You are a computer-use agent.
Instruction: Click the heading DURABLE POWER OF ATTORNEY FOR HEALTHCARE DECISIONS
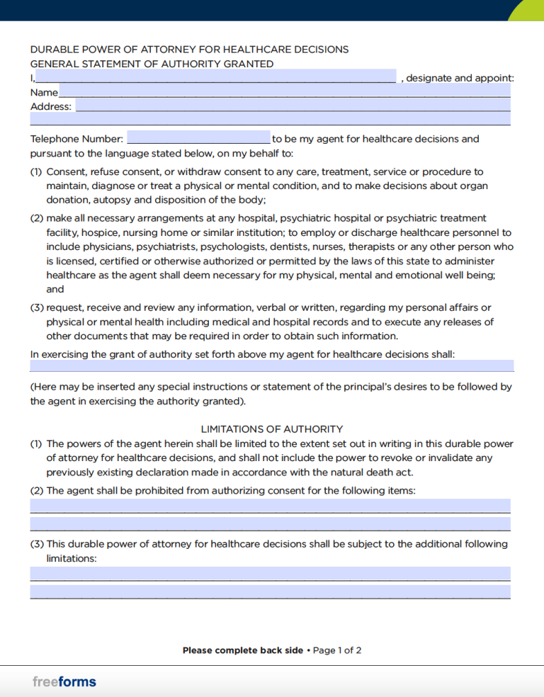189,50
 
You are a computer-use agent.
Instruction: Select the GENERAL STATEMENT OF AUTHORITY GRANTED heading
152,64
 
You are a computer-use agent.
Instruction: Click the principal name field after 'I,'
216,76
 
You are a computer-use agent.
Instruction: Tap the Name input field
284,91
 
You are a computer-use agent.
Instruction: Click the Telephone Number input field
198,138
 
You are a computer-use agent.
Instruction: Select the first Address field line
293,106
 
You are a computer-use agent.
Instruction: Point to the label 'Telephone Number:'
76,139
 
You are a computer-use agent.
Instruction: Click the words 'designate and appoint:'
460,78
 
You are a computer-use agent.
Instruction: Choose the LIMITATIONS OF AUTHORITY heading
272,429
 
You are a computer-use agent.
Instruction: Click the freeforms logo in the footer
64,682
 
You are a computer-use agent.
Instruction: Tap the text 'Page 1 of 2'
337,650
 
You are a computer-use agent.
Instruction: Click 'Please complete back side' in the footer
242,650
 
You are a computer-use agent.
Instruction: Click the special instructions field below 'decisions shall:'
271,365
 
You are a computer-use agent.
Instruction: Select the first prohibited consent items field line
270,506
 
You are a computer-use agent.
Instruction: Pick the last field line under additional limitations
270,591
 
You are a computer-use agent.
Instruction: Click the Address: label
51,106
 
